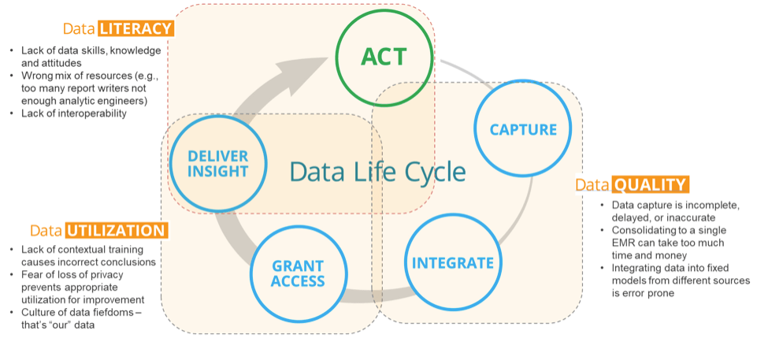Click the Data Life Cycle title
coord(377,171)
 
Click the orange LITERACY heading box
coord(135,28)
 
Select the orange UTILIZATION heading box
coord(117,231)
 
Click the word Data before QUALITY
coord(592,185)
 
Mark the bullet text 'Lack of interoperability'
coord(74,113)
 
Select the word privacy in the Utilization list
coord(106,275)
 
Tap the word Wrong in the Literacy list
coord(35,76)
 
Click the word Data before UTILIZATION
coord(46,231)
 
